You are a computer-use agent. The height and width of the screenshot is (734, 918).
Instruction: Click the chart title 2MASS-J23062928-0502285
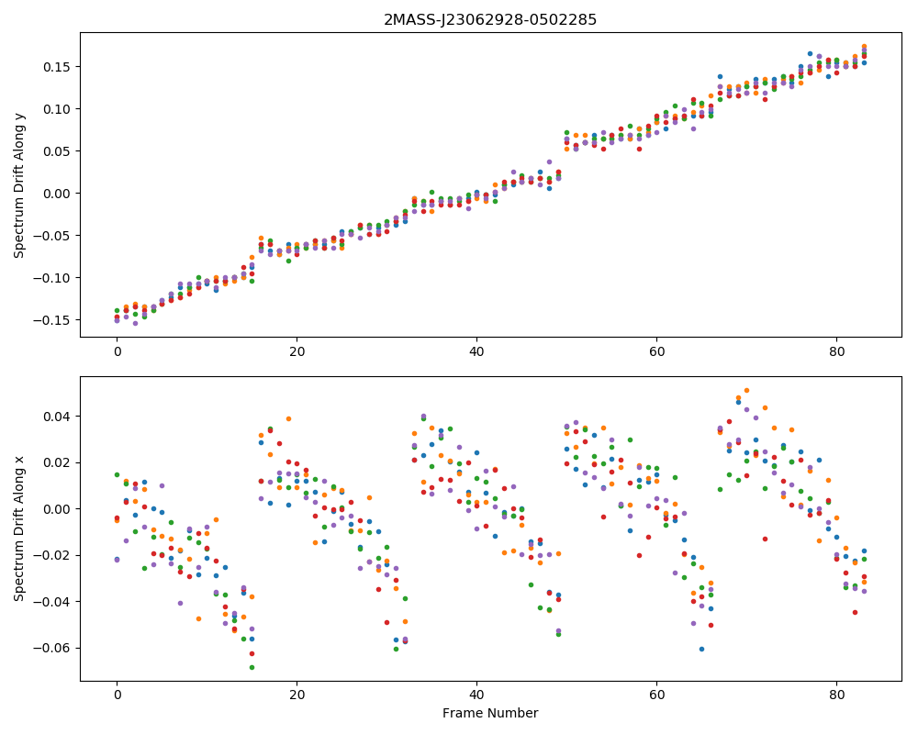(x=490, y=20)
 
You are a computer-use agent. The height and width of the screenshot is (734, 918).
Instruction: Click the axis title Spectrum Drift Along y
(x=19, y=185)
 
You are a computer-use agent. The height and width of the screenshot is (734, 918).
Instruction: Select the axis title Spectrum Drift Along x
(x=19, y=528)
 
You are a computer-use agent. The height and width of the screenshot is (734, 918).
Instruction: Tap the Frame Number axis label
(x=490, y=713)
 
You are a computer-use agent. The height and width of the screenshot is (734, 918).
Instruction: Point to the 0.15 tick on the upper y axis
(x=57, y=67)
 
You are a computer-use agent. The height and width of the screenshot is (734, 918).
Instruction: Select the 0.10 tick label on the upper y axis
(x=57, y=109)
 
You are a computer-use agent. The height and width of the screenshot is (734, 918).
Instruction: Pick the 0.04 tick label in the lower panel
(x=57, y=417)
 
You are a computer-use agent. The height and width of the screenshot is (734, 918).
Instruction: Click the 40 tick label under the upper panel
(x=476, y=351)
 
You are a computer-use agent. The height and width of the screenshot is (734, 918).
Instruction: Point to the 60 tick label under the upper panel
(x=657, y=351)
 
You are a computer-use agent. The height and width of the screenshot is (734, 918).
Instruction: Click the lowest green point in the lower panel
(x=252, y=667)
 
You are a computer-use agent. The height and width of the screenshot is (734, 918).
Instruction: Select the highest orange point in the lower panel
(x=746, y=391)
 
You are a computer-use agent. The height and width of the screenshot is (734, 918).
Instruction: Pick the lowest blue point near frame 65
(x=701, y=649)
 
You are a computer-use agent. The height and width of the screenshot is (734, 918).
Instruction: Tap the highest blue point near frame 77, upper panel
(x=810, y=54)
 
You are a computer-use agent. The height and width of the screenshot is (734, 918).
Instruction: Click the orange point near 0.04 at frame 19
(x=288, y=419)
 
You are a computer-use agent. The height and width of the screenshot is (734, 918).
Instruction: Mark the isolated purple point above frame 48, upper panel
(x=549, y=162)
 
